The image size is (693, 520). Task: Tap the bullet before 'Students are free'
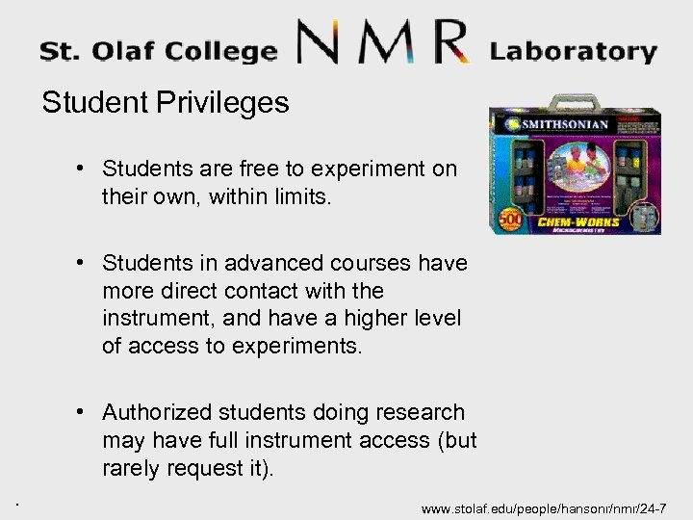coord(86,169)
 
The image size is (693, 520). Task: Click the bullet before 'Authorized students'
coord(86,413)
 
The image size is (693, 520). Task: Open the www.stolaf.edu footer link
coord(551,507)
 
